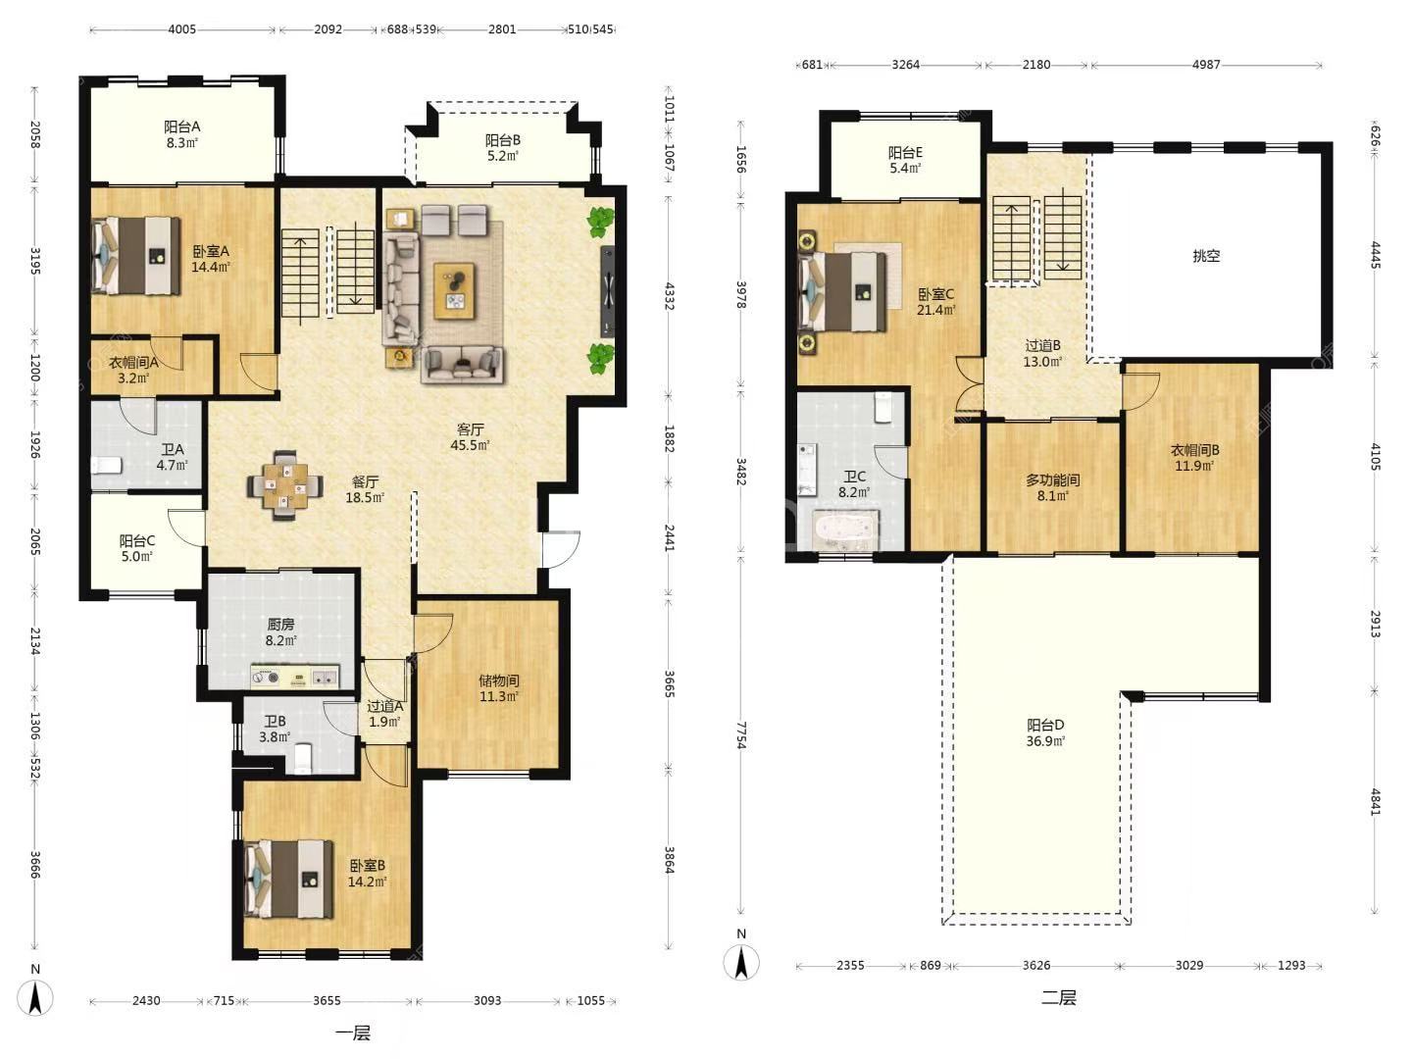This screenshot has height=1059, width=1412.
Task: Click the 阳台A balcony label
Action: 181,126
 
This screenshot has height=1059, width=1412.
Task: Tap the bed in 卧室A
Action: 135,255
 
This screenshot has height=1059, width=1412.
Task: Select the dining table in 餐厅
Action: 285,485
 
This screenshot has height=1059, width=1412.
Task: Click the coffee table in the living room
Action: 454,290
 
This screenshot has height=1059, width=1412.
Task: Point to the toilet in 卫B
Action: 302,758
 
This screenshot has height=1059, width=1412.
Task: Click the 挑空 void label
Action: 1206,256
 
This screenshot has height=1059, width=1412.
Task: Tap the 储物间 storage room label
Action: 498,681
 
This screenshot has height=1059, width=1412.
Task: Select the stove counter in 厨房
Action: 294,677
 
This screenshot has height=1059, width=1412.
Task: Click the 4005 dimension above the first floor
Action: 182,29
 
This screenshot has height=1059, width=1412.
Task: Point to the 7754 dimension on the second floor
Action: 741,735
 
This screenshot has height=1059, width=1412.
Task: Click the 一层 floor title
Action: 353,1034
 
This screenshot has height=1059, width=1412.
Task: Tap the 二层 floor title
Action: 1059,998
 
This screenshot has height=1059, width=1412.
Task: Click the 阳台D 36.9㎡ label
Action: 1045,733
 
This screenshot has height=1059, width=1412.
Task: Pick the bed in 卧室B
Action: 289,879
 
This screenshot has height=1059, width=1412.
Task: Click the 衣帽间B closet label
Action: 1194,450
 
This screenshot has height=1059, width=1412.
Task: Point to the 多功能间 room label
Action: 1052,479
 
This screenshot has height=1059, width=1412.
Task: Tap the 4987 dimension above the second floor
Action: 1206,65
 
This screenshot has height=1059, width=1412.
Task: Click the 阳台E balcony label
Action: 905,152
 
